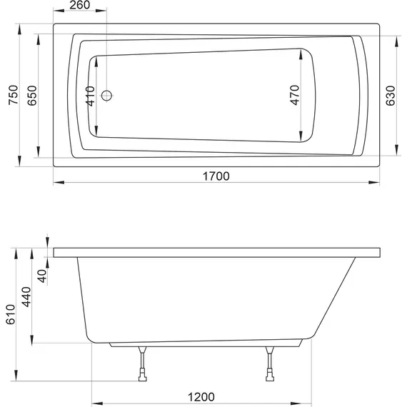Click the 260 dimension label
(81, 7)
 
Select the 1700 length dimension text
(215, 177)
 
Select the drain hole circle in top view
(107, 96)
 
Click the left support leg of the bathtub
(142, 358)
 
